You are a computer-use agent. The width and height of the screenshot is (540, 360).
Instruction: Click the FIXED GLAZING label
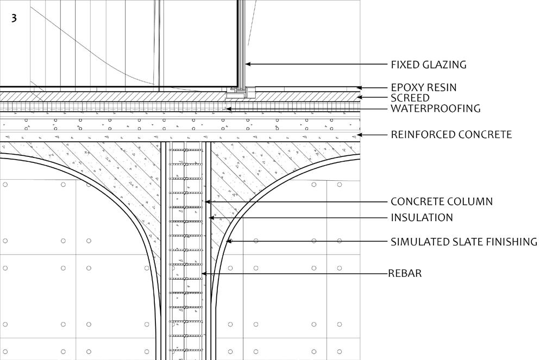point(429,65)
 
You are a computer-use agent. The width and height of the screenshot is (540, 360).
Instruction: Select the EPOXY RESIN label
point(424,87)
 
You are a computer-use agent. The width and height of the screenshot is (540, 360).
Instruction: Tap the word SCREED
point(410,98)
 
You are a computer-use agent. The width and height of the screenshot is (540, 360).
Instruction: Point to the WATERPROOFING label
point(436,109)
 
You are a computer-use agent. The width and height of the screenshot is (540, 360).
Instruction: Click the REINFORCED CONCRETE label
point(451,134)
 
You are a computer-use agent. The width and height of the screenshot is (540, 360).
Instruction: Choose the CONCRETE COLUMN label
point(442,201)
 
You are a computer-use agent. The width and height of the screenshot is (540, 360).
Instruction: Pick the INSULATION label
point(422,218)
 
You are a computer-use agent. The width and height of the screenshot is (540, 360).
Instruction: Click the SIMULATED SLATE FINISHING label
point(464,242)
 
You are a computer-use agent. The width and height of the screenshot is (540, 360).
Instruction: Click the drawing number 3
point(14,18)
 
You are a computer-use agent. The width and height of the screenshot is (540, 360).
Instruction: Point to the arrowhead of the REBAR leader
point(203,273)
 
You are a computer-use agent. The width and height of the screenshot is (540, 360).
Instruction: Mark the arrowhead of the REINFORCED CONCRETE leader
point(358,134)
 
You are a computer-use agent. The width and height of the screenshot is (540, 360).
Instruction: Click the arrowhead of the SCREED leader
point(358,98)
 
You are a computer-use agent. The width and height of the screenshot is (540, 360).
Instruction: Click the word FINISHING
point(509,242)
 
